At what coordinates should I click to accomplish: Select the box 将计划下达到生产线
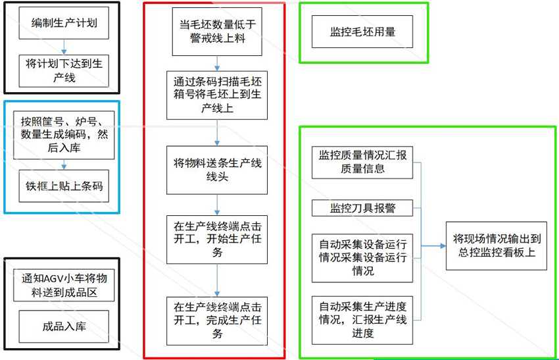[64, 70]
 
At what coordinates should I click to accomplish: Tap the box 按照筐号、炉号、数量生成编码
[64, 134]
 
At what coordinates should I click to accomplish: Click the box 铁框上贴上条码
[64, 186]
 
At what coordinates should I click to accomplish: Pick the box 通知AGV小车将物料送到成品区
[64, 284]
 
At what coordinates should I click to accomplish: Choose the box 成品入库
[64, 326]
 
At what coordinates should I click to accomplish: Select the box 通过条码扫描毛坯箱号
[217, 95]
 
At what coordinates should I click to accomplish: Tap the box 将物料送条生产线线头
[217, 170]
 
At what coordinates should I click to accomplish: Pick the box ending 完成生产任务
[217, 321]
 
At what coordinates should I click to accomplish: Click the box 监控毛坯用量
[362, 32]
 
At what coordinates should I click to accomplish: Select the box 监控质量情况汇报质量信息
[362, 162]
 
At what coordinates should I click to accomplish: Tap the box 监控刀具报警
[362, 208]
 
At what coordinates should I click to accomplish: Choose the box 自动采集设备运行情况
[362, 255]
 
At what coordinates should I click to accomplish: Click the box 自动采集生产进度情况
[362, 320]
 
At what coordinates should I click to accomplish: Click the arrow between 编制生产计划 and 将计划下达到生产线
[64, 47]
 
